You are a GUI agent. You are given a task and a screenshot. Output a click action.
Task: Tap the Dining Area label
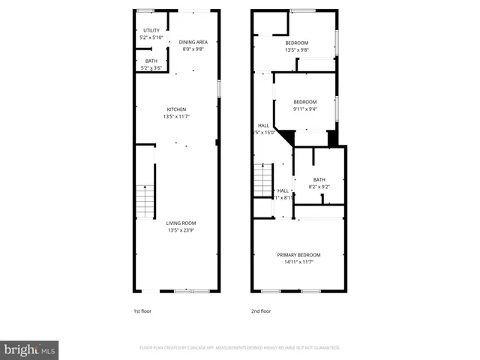[x=193, y=42]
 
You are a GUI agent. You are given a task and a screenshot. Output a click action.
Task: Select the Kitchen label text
[x=176, y=109]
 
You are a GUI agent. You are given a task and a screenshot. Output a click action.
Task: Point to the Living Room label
[x=181, y=223]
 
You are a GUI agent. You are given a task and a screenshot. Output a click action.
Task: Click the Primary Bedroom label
[x=298, y=255]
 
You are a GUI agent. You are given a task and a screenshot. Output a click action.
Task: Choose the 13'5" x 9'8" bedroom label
[x=297, y=43]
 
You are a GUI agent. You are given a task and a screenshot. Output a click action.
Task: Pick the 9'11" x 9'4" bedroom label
[x=304, y=102]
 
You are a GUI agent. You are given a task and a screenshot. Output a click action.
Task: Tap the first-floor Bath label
[x=151, y=61]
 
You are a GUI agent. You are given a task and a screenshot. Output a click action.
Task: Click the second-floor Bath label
[x=319, y=179]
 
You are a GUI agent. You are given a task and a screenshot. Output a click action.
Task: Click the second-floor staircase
[x=262, y=181]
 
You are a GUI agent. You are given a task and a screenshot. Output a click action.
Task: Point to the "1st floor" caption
[x=142, y=310]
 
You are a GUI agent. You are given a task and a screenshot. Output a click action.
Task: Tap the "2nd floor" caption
[x=260, y=310]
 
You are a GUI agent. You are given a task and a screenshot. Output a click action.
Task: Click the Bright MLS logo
[x=29, y=349]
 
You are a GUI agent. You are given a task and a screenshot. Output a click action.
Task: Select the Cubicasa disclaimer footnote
[x=240, y=348]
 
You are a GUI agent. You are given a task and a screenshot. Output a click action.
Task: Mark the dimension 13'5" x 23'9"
[x=181, y=230]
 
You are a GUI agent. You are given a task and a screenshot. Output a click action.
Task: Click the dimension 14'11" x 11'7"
[x=298, y=262]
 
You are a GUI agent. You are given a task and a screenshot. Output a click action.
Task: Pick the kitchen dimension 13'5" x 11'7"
[x=176, y=117]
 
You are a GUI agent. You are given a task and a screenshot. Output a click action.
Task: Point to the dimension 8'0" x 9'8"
[x=193, y=49]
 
